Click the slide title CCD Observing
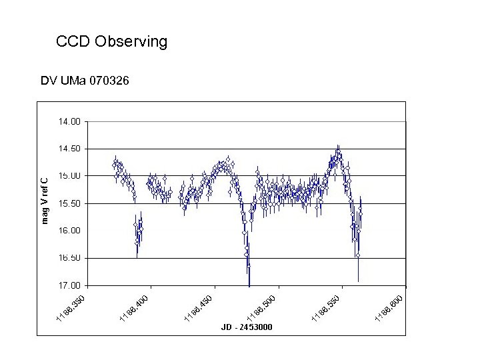click(112, 42)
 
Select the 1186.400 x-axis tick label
click(135, 306)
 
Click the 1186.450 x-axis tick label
click(199, 306)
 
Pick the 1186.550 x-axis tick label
click(327, 306)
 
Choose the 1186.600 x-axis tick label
click(390, 306)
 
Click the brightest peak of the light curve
click(338, 153)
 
